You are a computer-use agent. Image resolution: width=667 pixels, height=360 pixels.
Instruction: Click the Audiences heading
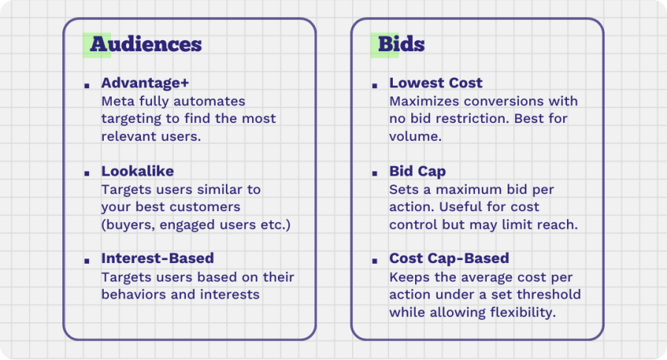(146, 44)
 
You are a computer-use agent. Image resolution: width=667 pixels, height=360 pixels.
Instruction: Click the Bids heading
(401, 44)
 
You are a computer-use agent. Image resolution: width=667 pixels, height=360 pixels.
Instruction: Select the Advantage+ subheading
(145, 83)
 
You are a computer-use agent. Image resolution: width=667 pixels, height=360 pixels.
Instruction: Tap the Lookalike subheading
(137, 171)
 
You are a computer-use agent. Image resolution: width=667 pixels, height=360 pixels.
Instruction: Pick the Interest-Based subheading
(157, 258)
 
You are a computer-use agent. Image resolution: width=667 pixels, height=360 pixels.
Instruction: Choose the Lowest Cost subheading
(436, 83)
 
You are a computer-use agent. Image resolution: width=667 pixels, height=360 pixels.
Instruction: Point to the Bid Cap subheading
(417, 171)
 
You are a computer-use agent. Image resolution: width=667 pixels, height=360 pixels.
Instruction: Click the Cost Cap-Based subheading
(449, 259)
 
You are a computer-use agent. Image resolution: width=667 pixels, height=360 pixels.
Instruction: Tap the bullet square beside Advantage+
(87, 86)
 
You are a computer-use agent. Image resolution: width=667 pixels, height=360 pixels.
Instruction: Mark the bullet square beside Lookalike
(87, 173)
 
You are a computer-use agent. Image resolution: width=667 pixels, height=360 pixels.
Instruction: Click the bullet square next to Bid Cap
(375, 173)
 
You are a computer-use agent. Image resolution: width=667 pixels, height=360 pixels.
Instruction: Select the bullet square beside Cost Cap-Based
(375, 261)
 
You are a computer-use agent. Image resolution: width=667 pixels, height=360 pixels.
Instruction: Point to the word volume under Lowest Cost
(415, 136)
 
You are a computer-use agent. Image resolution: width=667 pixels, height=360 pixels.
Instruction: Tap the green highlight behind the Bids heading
(385, 45)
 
